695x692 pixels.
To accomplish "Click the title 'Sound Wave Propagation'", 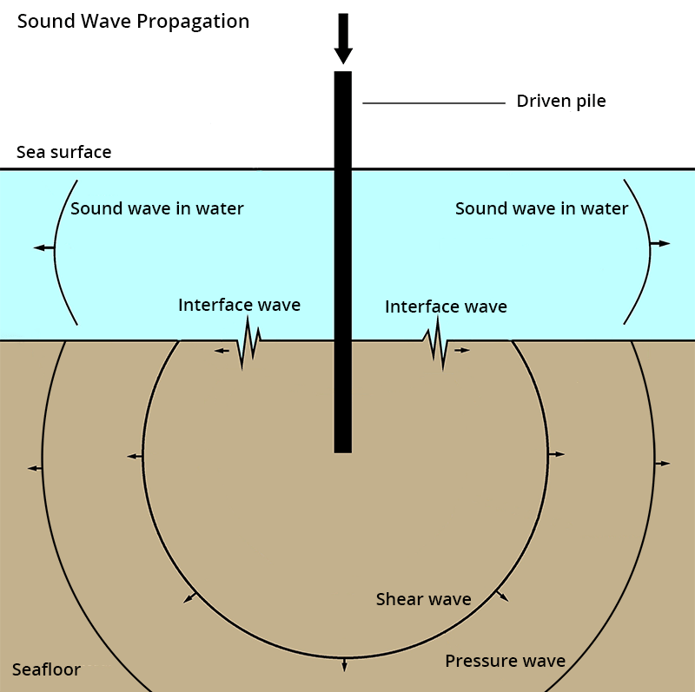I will pos(133,21).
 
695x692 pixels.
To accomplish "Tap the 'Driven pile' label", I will pos(561,101).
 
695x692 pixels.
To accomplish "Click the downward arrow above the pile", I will pos(343,39).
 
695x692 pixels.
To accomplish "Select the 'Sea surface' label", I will pos(64,152).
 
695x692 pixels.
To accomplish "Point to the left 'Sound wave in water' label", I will pos(157,208).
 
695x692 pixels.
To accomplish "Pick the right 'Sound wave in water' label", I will pos(541,208).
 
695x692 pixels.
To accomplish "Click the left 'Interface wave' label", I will pos(239,305).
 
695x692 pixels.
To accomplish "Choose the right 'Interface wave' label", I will pos(446,306).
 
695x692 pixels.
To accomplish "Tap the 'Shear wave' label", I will pos(423,599).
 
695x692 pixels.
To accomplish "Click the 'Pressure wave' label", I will pos(505,661).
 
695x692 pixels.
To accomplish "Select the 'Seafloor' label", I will pos(46,669).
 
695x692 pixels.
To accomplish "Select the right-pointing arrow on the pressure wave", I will pos(663,464).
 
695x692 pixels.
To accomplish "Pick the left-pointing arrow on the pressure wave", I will pos(34,468).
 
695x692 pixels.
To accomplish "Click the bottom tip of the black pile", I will pos(343,451).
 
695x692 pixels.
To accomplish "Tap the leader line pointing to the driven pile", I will pos(434,103).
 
